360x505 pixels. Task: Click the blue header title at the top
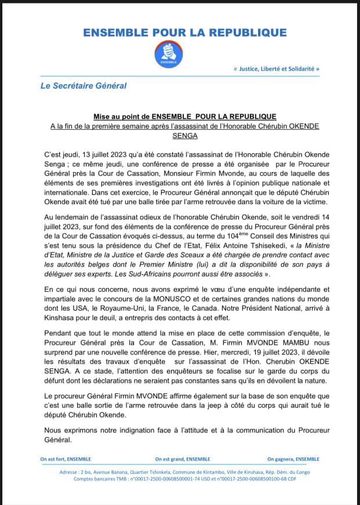(x=185, y=32)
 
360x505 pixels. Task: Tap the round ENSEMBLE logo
(x=169, y=54)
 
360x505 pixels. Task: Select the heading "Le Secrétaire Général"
(x=83, y=86)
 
